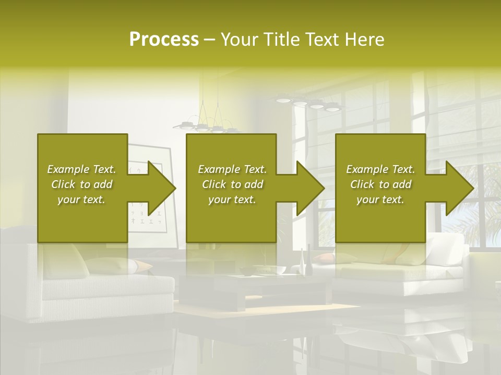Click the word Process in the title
tap(164, 40)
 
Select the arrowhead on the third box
tap(460, 188)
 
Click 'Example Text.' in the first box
tap(81, 169)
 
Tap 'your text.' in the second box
tap(232, 199)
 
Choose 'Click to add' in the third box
tap(380, 184)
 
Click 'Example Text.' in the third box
tap(380, 169)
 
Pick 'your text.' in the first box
tap(81, 199)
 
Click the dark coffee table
tap(256, 289)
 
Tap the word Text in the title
tap(324, 40)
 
